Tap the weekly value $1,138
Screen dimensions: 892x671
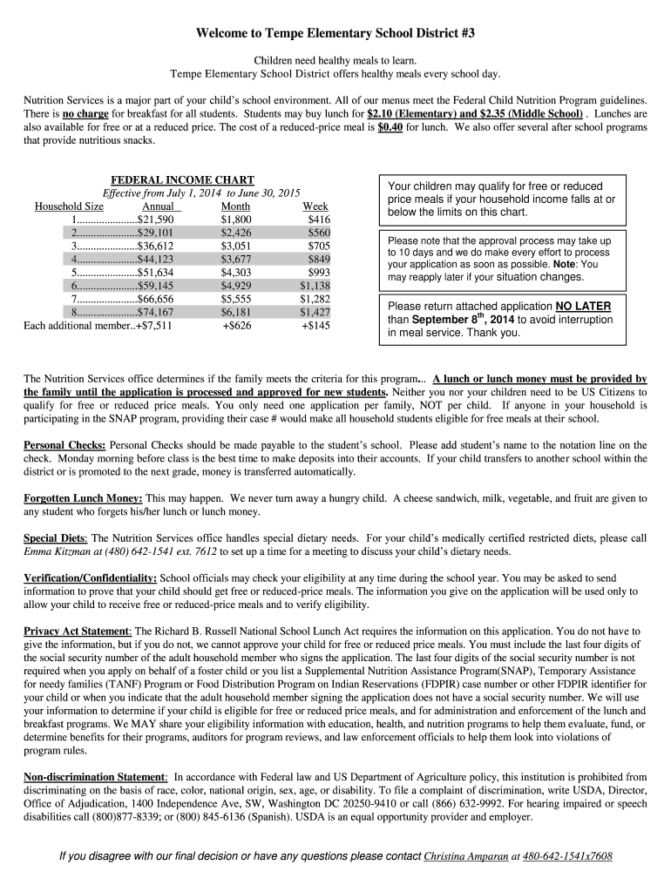(x=315, y=285)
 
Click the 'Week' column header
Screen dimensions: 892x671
(x=315, y=206)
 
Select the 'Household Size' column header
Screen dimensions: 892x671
(x=69, y=206)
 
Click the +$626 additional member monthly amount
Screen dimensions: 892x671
(x=237, y=325)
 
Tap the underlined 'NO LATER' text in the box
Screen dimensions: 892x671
(x=583, y=306)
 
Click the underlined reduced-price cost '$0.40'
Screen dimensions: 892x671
(x=389, y=127)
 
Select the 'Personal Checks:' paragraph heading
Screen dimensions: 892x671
(x=64, y=445)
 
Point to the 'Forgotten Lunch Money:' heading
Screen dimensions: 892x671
(x=83, y=498)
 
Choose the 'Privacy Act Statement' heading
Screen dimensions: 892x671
(x=77, y=631)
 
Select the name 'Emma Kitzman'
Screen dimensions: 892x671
(x=54, y=551)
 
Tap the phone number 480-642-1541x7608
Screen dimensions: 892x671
(x=567, y=856)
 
